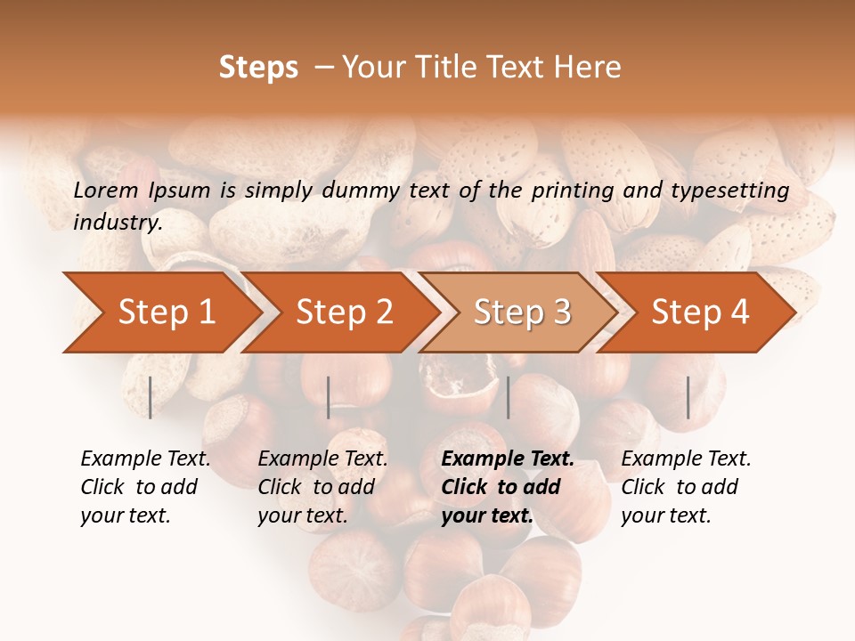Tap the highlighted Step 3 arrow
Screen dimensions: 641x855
[x=522, y=312]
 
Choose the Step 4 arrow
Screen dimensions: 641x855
[x=700, y=312]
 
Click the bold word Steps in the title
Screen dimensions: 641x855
[x=258, y=68]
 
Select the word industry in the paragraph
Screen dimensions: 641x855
[x=117, y=223]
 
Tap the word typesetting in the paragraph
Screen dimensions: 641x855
[x=728, y=190]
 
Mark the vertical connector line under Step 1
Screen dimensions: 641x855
[x=151, y=397]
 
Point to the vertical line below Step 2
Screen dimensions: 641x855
[x=329, y=397]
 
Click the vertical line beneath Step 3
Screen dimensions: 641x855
[x=508, y=397]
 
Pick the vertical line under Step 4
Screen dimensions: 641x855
[x=688, y=397]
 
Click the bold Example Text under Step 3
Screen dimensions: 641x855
[x=508, y=459]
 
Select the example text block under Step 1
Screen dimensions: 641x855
[x=145, y=487]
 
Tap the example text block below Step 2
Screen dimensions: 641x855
[x=322, y=487]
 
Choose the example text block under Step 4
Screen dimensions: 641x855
[x=686, y=487]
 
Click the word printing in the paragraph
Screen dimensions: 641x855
[x=566, y=190]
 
